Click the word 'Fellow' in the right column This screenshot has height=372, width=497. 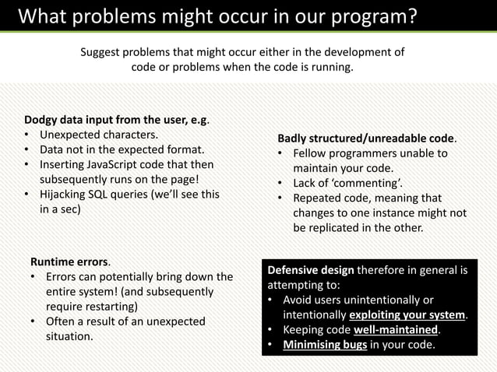pyautogui.click(x=312, y=153)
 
